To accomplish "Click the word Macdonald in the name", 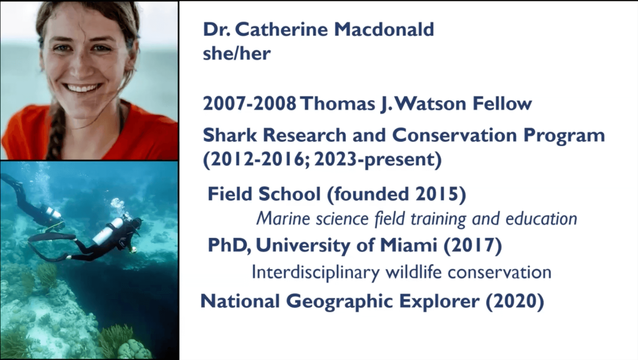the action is click(384, 29).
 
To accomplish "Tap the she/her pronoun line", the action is click(236, 54).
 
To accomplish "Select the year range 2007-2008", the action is click(249, 104).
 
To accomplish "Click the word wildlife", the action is click(414, 272).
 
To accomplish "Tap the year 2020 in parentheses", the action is click(515, 301).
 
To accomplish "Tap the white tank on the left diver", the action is click(53, 213).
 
